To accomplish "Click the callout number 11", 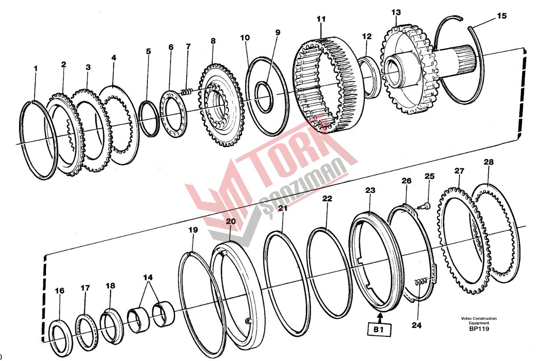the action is (321, 19).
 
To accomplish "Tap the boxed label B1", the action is (379, 329).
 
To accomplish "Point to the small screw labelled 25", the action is (424, 206).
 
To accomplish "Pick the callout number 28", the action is (489, 162).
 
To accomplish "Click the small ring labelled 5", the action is (148, 118).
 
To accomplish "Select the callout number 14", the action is (148, 277).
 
